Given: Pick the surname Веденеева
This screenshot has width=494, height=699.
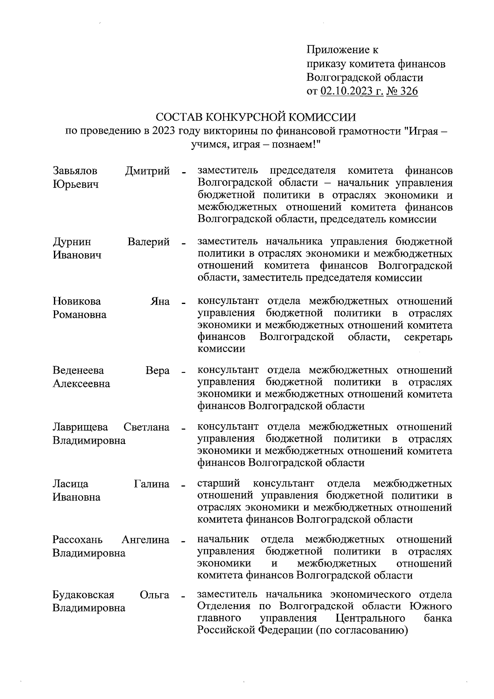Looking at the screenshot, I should click(78, 370).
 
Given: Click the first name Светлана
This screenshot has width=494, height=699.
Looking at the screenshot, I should click(147, 427).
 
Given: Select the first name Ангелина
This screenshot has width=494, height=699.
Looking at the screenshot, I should click(146, 539).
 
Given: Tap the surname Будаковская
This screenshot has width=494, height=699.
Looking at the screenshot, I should click(84, 595).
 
